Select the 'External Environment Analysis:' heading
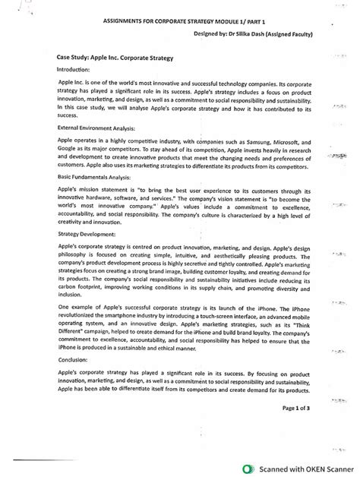pos(96,128)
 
